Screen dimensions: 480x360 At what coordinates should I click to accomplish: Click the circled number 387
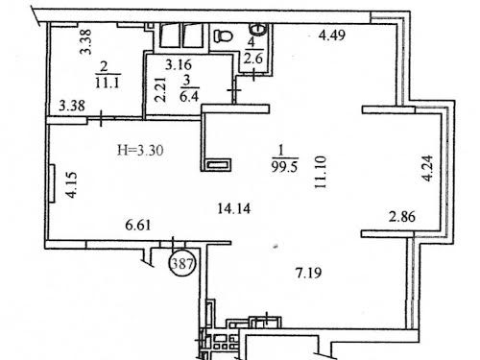click(x=182, y=264)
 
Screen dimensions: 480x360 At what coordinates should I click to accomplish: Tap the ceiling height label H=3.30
click(x=140, y=150)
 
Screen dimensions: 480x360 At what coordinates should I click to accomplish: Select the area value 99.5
click(x=284, y=167)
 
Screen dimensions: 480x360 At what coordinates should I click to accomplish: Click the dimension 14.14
click(x=234, y=209)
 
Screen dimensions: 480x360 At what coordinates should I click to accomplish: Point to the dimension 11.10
click(x=321, y=172)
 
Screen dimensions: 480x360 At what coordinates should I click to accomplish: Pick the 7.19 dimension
click(x=308, y=274)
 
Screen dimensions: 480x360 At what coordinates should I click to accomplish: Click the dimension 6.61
click(x=138, y=226)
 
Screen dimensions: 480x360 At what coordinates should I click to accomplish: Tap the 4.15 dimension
click(x=71, y=185)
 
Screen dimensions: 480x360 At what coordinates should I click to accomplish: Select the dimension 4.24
click(x=427, y=168)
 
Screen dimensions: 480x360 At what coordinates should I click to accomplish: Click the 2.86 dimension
click(x=402, y=217)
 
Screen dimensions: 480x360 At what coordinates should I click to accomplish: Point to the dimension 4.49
click(x=332, y=35)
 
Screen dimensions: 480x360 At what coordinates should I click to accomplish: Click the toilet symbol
click(x=223, y=36)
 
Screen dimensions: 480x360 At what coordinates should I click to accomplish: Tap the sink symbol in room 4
click(x=258, y=29)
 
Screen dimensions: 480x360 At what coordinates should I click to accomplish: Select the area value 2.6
click(x=253, y=59)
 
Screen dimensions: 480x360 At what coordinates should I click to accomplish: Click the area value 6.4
click(x=189, y=96)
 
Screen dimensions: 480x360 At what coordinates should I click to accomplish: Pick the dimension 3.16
click(x=179, y=65)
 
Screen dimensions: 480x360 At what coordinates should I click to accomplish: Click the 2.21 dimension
click(x=160, y=89)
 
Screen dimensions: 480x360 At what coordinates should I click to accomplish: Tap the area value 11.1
click(x=108, y=84)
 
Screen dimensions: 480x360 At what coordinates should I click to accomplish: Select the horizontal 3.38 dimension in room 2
click(x=72, y=106)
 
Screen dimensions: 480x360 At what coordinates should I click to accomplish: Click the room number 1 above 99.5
click(x=282, y=151)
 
